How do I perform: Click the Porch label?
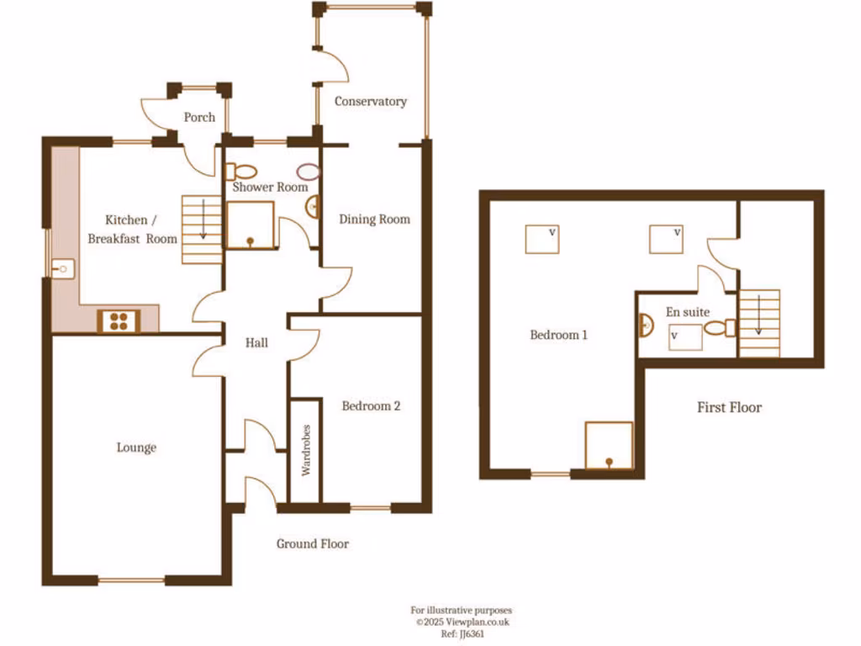click(x=199, y=117)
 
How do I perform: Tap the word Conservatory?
click(x=371, y=101)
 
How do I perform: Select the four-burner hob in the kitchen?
click(x=119, y=320)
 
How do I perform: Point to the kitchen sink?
click(x=61, y=269)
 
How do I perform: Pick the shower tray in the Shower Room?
click(x=250, y=225)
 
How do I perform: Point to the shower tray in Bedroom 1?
click(x=608, y=443)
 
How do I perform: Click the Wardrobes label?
click(x=305, y=451)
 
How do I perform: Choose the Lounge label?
click(x=136, y=447)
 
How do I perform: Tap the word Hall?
click(x=256, y=342)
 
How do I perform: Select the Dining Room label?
click(x=374, y=219)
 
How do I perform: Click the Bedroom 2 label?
click(x=371, y=405)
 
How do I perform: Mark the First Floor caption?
click(x=729, y=407)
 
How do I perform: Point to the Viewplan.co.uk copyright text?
click(x=462, y=622)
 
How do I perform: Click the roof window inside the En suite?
click(x=685, y=338)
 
